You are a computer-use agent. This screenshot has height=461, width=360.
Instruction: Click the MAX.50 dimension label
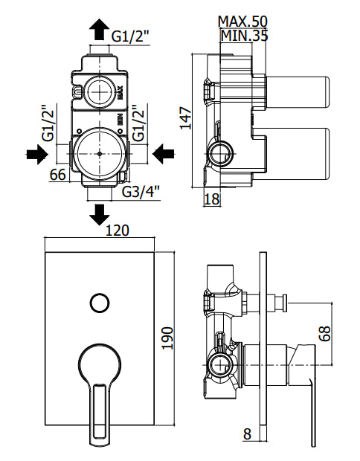click(x=242, y=22)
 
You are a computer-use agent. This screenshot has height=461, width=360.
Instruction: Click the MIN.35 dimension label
click(x=244, y=36)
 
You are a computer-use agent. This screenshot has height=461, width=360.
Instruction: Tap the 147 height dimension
click(x=185, y=118)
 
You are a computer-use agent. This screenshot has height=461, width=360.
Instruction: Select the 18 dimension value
click(x=211, y=199)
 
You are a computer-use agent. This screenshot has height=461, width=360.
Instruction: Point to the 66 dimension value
click(x=57, y=175)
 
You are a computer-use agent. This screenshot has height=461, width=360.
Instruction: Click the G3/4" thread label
click(x=141, y=192)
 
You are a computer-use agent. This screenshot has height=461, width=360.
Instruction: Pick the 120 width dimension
click(x=117, y=230)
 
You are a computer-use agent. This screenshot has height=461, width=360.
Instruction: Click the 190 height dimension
click(x=168, y=338)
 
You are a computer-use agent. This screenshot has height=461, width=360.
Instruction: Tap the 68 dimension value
click(x=325, y=333)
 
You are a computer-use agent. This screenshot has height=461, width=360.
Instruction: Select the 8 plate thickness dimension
click(x=248, y=442)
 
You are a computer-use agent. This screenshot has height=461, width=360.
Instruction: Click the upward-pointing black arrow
click(x=99, y=29)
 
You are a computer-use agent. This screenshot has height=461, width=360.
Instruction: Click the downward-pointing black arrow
click(x=99, y=215)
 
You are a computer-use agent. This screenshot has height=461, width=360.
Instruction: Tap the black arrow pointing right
click(x=37, y=154)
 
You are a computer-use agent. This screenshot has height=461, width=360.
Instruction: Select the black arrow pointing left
click(x=163, y=154)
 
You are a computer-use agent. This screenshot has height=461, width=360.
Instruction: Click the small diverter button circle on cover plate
click(x=100, y=303)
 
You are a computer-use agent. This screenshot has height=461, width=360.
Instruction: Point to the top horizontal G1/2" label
click(x=131, y=36)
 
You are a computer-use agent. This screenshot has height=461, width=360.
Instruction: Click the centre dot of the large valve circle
click(x=100, y=154)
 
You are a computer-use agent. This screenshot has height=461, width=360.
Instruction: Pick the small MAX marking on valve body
click(x=120, y=92)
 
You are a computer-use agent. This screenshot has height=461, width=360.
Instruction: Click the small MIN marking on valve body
click(x=120, y=119)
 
